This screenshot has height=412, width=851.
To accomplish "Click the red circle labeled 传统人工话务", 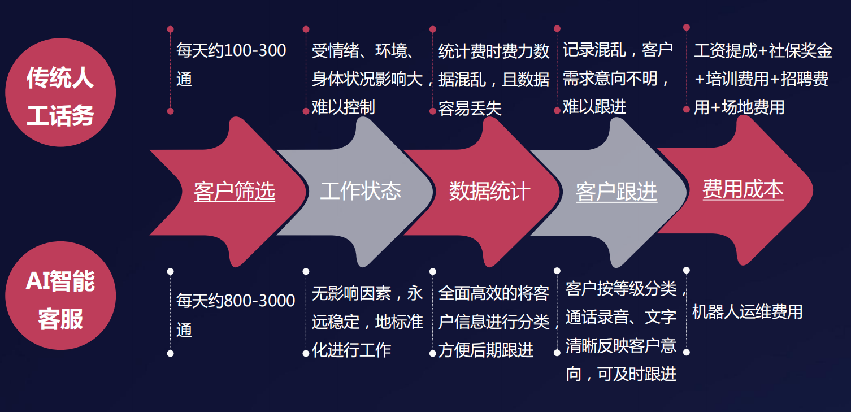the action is (x=60, y=92).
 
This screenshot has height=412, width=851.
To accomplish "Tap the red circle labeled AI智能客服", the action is (x=60, y=296).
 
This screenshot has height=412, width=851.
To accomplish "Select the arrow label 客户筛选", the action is (x=235, y=191).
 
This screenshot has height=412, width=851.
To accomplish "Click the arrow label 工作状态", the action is (x=361, y=190).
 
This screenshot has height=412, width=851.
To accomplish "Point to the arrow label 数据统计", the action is (x=490, y=190).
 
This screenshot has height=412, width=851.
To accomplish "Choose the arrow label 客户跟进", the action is (x=616, y=192).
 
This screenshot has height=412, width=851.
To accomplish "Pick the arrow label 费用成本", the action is (x=743, y=189).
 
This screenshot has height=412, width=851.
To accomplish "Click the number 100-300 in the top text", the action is (x=255, y=50).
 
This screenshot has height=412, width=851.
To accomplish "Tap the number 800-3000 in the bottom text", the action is (x=260, y=301).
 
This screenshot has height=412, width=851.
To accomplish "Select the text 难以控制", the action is (x=344, y=107).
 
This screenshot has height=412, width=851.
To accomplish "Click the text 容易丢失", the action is (x=470, y=109).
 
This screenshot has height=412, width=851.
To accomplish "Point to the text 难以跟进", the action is (x=594, y=106).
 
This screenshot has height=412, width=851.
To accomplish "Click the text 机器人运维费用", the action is (x=747, y=312).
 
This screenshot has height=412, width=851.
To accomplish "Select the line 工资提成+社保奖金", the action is (x=763, y=50).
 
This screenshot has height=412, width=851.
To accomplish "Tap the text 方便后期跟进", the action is (x=486, y=350).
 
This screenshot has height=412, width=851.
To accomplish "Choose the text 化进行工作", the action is (x=351, y=350).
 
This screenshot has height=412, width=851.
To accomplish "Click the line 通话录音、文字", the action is (x=621, y=317).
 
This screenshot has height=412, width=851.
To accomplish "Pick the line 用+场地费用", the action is (x=739, y=107).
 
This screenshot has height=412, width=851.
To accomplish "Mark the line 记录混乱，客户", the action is (x=618, y=50).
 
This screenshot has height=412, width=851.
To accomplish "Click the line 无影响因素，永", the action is (x=367, y=293).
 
